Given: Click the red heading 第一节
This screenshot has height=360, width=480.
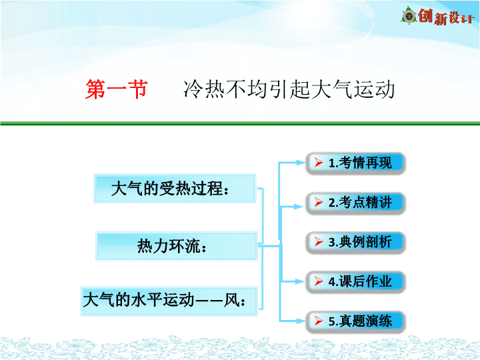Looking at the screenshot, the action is pyautogui.click(x=117, y=89).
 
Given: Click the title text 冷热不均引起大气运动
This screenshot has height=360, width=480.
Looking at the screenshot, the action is pyautogui.click(x=289, y=89).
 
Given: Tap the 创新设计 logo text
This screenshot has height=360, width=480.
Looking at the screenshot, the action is pyautogui.click(x=446, y=16).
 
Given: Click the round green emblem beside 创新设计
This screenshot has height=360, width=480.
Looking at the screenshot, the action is pyautogui.click(x=409, y=15).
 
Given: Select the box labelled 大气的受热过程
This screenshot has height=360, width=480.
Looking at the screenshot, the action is pyautogui.click(x=175, y=189).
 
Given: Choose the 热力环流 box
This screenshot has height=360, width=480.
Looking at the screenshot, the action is pyautogui.click(x=177, y=246).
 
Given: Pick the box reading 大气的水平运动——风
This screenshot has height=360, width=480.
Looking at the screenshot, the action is pyautogui.click(x=169, y=301).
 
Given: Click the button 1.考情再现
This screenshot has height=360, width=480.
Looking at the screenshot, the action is pyautogui.click(x=356, y=163).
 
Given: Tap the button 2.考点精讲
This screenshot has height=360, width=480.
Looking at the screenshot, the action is pyautogui.click(x=356, y=203).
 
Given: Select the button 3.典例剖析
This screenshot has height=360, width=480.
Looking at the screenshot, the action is pyautogui.click(x=356, y=243).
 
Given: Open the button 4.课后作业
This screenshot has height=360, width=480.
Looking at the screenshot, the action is pyautogui.click(x=356, y=282).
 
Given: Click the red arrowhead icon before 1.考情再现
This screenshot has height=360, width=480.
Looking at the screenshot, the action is pyautogui.click(x=319, y=162).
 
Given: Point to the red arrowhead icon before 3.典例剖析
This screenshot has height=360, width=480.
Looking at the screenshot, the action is pyautogui.click(x=319, y=242).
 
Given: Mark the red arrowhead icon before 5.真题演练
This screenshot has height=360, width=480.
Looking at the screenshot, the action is pyautogui.click(x=319, y=321).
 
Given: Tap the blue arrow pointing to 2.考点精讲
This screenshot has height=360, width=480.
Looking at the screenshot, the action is pyautogui.click(x=293, y=207).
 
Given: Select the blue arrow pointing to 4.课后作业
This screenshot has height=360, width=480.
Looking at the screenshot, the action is pyautogui.click(x=293, y=281).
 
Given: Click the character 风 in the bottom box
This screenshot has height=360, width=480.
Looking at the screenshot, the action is pyautogui.click(x=232, y=300).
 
